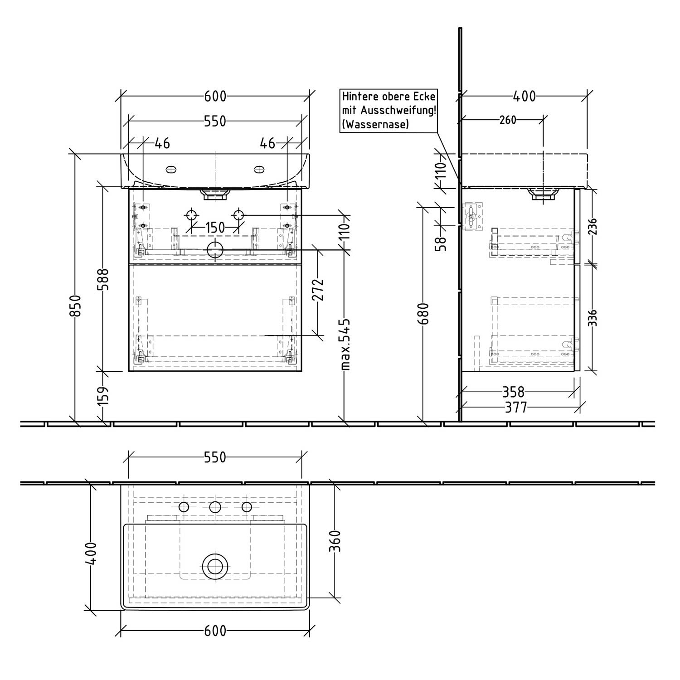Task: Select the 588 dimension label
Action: click(104, 280)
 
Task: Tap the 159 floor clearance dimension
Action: click(104, 395)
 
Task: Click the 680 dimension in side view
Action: click(423, 314)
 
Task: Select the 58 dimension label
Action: click(441, 243)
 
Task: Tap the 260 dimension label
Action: click(507, 120)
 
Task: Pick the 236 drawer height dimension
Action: click(593, 227)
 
